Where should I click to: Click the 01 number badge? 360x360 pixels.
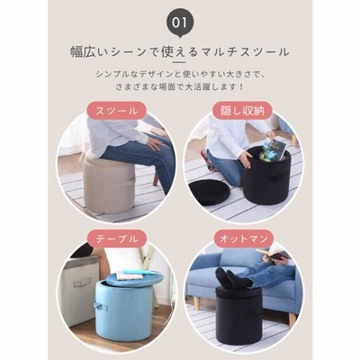pos(180,23)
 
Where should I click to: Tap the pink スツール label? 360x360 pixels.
pos(117,111)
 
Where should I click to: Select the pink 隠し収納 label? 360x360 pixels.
pos(242,111)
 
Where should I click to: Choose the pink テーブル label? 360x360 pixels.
pos(117,239)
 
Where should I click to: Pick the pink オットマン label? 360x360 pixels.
pos(243,239)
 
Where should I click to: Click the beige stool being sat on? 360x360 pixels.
pos(109,185)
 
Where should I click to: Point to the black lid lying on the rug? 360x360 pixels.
pos(210,192)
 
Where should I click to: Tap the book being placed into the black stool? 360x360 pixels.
pos(272,149)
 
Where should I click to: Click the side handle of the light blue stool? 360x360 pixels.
pos(101,306)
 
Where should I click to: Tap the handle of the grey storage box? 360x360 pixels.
pos(81,283)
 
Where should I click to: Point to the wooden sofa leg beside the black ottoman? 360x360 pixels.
pos(292,319)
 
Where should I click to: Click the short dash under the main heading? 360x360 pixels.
pos(180,62)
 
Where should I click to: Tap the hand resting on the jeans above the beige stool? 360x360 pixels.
pos(155,143)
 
